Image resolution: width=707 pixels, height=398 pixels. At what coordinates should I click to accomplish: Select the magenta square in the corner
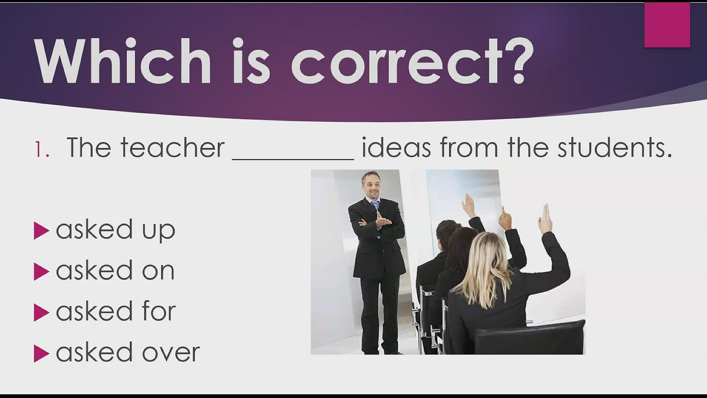tap(667, 25)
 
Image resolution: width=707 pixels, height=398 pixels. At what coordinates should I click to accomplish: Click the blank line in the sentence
tap(293, 158)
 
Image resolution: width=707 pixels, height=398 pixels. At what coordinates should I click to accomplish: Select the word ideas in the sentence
tap(396, 148)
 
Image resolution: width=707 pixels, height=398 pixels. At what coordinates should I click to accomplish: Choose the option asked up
tap(115, 230)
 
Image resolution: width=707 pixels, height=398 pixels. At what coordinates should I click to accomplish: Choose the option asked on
tap(115, 271)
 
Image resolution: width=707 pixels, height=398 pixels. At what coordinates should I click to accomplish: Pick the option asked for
tap(116, 312)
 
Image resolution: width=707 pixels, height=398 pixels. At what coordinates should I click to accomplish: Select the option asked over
tap(127, 353)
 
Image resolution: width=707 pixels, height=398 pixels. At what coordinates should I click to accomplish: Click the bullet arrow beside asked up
tap(41, 231)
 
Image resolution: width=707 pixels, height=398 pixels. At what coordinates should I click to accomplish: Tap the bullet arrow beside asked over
tap(41, 353)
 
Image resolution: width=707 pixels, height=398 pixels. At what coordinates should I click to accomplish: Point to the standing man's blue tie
tap(375, 206)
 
